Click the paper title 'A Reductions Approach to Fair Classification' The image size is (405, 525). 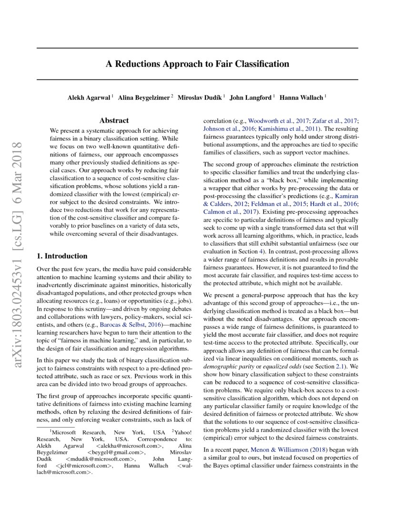point(197,63)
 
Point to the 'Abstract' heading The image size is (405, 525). point(114,121)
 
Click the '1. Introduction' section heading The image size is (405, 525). point(62,256)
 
